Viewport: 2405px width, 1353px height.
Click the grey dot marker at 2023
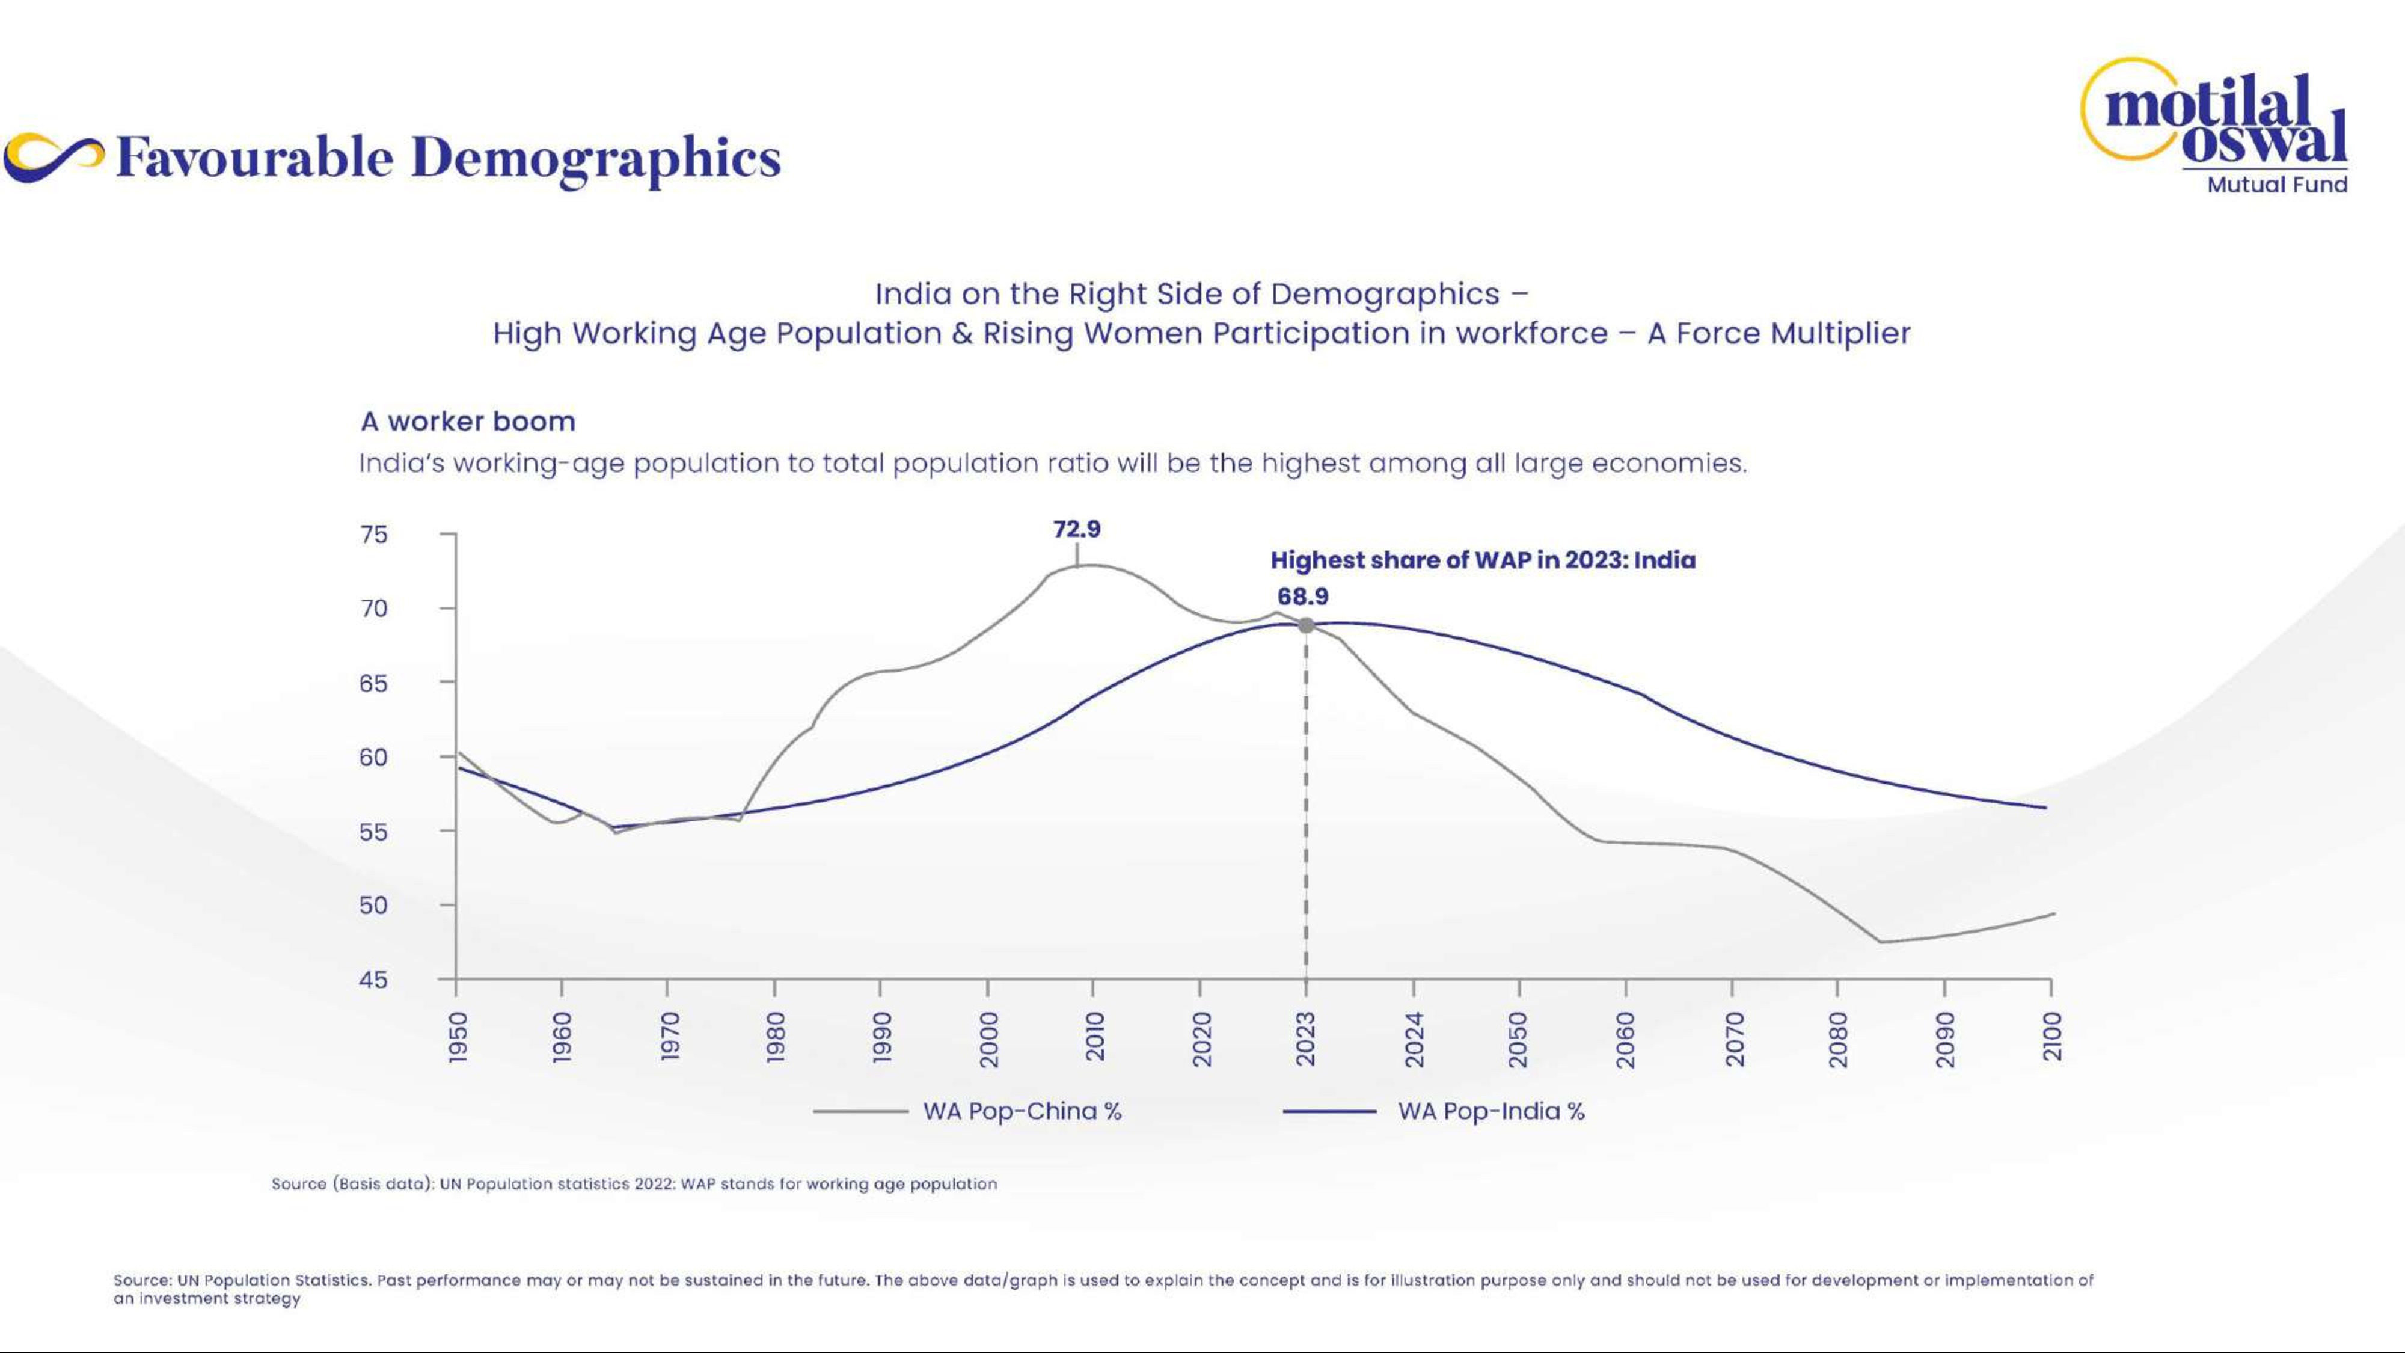1306,625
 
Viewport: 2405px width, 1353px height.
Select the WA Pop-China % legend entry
1022,1111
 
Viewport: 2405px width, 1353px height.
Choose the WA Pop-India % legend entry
1491,1111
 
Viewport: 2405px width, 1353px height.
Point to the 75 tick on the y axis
373,534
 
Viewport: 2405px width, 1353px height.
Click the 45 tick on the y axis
373,980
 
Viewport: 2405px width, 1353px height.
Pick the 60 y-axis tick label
373,757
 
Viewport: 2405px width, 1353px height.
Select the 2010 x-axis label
1094,1037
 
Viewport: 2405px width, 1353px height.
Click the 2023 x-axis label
1306,1037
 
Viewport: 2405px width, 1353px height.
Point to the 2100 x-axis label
2051,1037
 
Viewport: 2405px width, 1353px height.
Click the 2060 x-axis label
1626,1037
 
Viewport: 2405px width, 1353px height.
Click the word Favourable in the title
255,158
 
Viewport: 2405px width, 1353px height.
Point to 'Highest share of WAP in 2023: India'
1483,560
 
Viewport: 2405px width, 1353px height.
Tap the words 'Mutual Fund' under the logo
2276,185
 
